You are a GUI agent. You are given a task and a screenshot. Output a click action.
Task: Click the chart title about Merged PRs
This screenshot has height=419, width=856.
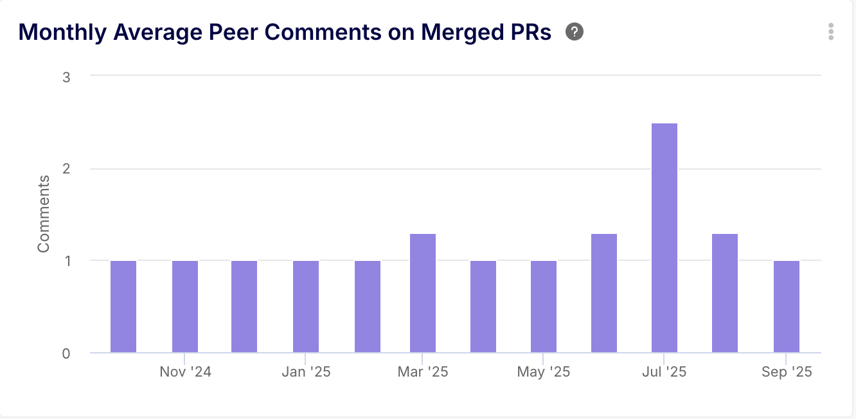pyautogui.click(x=285, y=32)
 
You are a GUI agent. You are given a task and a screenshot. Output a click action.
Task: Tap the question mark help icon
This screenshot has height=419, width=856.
pyautogui.click(x=575, y=31)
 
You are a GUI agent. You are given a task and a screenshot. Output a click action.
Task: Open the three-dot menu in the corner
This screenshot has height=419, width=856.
pyautogui.click(x=831, y=31)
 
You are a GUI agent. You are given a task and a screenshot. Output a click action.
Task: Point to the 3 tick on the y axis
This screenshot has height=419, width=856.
pyautogui.click(x=66, y=76)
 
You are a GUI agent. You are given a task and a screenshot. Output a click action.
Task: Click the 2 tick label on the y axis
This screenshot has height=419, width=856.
pyautogui.click(x=66, y=169)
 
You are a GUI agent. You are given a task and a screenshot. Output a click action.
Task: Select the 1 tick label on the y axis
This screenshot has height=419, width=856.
pyautogui.click(x=66, y=261)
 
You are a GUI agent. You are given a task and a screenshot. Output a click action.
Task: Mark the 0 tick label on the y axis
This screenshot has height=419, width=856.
pyautogui.click(x=66, y=353)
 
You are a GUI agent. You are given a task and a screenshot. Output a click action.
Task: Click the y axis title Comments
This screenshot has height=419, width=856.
pyautogui.click(x=44, y=213)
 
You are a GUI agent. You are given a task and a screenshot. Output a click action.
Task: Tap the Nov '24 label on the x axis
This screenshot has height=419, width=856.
pyautogui.click(x=185, y=372)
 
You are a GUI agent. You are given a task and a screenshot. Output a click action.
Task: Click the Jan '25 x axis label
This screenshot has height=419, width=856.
pyautogui.click(x=306, y=372)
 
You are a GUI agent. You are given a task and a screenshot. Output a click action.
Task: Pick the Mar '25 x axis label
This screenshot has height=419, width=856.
pyautogui.click(x=422, y=372)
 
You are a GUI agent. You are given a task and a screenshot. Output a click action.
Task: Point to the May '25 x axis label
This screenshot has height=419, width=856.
pyautogui.click(x=543, y=372)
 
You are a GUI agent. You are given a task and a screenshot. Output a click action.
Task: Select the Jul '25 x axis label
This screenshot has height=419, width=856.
pyautogui.click(x=664, y=372)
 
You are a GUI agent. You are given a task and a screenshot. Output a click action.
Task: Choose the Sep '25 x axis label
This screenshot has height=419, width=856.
pyautogui.click(x=786, y=372)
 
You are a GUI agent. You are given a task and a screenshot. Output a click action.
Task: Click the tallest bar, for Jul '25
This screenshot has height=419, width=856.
pyautogui.click(x=664, y=238)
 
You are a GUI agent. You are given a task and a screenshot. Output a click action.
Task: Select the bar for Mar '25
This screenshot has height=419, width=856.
pyautogui.click(x=423, y=293)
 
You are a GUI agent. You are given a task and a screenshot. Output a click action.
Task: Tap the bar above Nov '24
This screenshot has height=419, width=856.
pyautogui.click(x=185, y=307)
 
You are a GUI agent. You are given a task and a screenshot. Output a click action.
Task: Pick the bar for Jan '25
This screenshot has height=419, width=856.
pyautogui.click(x=306, y=307)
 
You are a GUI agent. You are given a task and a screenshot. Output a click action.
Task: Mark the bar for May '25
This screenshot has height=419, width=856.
pyautogui.click(x=544, y=307)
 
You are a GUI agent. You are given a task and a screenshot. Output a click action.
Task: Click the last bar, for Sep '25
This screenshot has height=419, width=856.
pyautogui.click(x=787, y=307)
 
